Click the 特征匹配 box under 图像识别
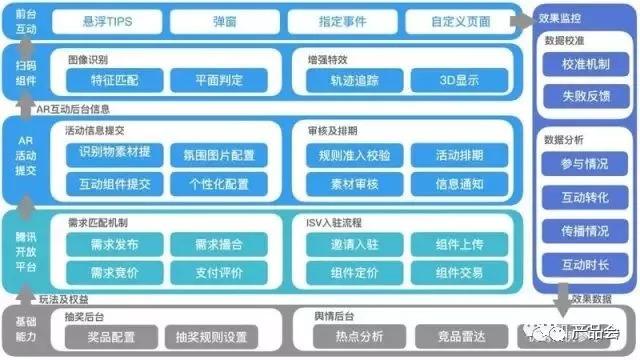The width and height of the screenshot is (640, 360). pyautogui.click(x=115, y=80)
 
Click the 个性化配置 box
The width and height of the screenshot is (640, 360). pyautogui.click(x=219, y=184)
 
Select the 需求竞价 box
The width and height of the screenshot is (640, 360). pyautogui.click(x=115, y=272)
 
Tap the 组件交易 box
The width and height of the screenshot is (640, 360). pyautogui.click(x=460, y=272)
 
